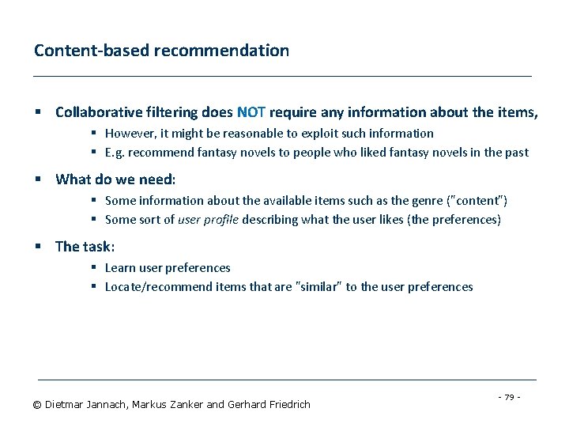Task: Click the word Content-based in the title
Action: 92,51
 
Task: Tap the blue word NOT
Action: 251,112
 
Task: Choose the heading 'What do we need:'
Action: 115,179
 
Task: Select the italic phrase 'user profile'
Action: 208,219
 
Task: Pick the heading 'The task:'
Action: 85,247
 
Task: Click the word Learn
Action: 121,267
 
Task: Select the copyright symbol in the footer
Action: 37,405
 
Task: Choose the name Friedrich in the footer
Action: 285,405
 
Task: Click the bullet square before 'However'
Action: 93,133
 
